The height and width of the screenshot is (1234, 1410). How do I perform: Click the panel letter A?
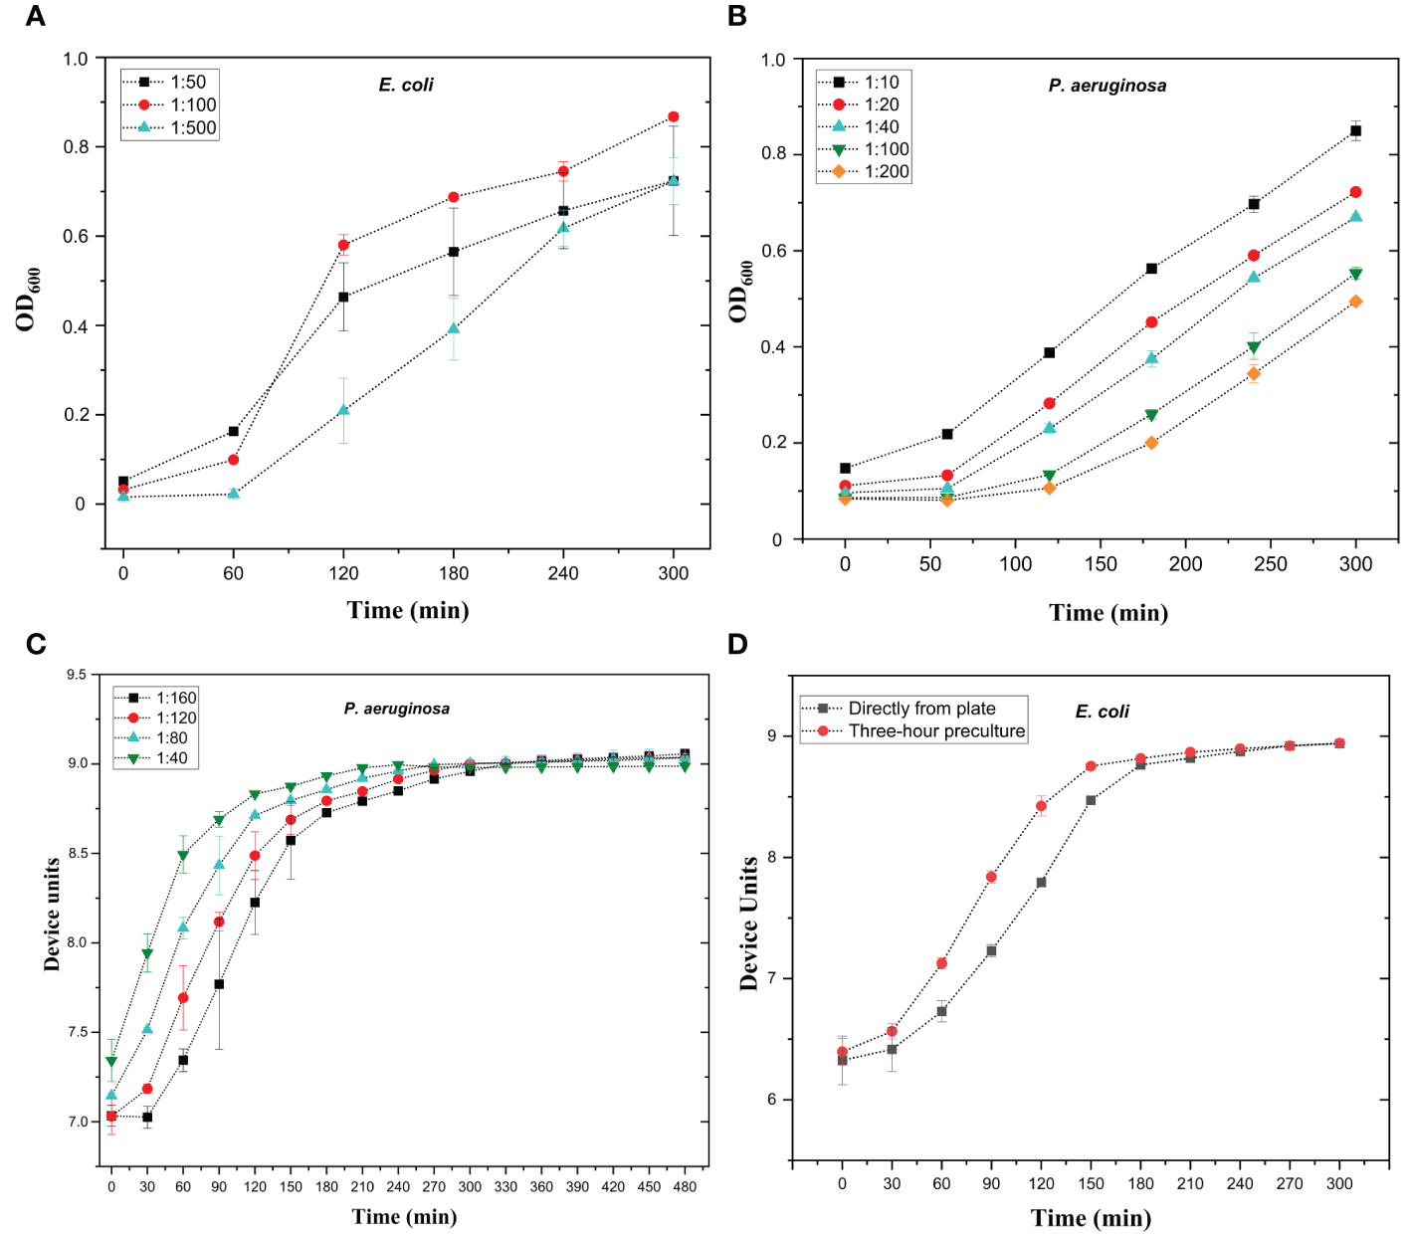[x=35, y=16]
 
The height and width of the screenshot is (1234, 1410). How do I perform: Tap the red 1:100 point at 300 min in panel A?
[x=674, y=116]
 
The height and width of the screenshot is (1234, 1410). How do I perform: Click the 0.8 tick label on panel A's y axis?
[x=76, y=146]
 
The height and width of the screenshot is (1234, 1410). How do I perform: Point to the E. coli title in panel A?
[x=406, y=85]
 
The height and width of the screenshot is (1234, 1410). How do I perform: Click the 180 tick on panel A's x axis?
[x=454, y=573]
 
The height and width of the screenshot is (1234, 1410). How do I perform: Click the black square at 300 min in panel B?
[x=1355, y=130]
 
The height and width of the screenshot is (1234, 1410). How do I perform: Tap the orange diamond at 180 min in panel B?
[x=1151, y=443]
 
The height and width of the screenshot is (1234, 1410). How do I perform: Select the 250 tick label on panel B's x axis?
[x=1271, y=564]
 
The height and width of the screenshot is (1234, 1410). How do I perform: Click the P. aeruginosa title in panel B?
[x=1108, y=86]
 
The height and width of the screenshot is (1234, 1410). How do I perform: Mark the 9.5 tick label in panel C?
[x=77, y=675]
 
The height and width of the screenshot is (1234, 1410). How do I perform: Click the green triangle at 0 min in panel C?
[x=111, y=1062]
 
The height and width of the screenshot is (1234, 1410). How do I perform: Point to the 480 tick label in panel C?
[x=685, y=1186]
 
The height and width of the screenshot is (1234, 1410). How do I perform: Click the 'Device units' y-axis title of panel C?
[x=52, y=914]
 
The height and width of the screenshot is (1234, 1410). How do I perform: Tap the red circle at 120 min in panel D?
[x=1041, y=806]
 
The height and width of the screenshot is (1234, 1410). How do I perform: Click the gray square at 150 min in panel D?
[x=1091, y=800]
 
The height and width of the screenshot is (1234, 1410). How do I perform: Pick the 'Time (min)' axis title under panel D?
[x=1091, y=1218]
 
